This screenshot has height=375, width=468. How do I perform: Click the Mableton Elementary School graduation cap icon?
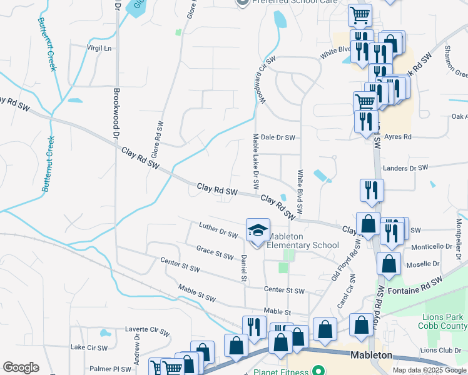coord(258,231)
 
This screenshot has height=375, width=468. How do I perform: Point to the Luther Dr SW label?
coord(218,230)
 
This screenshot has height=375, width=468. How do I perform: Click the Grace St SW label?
coord(215,252)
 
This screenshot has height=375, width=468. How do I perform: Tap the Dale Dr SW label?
coord(277,137)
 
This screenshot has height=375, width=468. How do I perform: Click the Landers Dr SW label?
coord(405,168)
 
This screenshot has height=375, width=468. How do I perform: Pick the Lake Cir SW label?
coord(89,347)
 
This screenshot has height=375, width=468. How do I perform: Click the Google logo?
coord(21,367)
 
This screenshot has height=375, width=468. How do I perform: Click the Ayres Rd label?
coord(398,136)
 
